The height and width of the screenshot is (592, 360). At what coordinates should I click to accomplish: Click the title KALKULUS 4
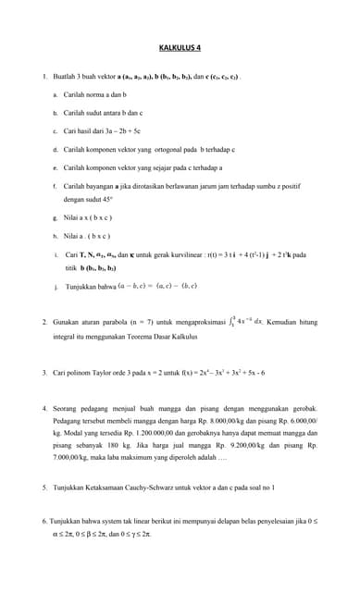[x=180, y=47]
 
